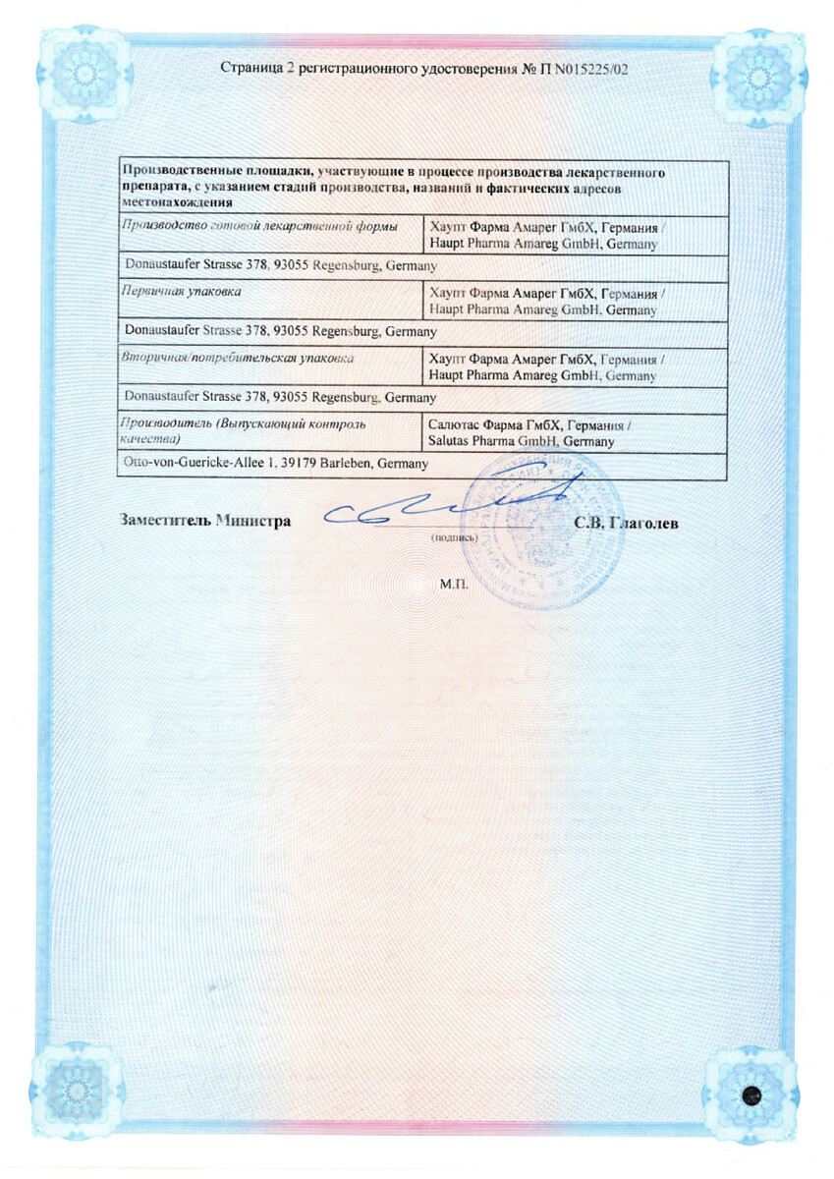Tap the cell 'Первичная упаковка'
pyautogui.click(x=181, y=292)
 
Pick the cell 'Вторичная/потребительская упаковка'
pyautogui.click(x=236, y=359)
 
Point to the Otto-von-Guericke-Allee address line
pyautogui.click(x=274, y=464)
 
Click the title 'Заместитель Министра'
pyautogui.click(x=205, y=522)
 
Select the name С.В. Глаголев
pyautogui.click(x=626, y=523)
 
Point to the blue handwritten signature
pyautogui.click(x=432, y=507)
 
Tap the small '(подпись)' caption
pyautogui.click(x=453, y=538)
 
